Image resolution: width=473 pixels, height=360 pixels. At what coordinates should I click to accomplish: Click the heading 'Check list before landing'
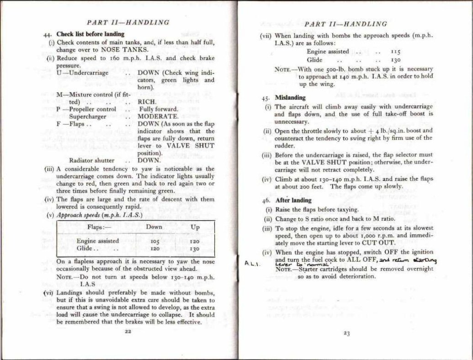click(90, 34)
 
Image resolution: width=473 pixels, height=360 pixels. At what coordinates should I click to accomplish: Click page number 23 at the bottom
click(346, 334)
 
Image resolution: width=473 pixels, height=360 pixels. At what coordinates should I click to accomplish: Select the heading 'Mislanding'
click(290, 98)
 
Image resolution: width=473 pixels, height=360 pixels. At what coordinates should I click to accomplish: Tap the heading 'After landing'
click(293, 200)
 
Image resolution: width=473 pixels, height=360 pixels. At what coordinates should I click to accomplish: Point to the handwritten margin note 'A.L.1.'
click(251, 264)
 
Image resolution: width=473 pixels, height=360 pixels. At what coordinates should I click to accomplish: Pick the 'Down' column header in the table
click(154, 227)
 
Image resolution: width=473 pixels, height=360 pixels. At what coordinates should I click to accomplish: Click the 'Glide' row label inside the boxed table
click(85, 249)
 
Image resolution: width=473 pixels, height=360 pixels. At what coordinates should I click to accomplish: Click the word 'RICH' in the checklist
click(147, 102)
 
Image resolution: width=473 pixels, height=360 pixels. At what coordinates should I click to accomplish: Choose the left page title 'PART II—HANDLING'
click(128, 22)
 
